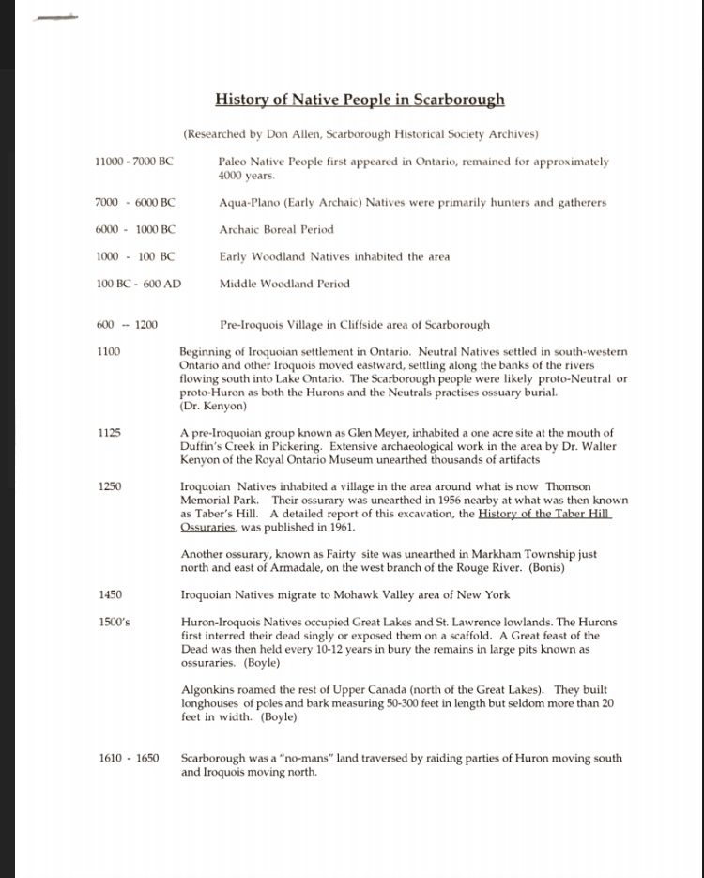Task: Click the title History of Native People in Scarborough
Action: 360,100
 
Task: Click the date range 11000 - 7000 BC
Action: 134,162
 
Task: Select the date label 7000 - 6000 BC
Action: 134,203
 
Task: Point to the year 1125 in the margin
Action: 109,433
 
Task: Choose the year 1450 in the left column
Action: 109,595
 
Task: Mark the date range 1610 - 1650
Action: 129,759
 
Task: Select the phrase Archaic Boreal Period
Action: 276,230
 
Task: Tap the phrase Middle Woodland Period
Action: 283,284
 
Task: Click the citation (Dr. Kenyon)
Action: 213,407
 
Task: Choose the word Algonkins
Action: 208,691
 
